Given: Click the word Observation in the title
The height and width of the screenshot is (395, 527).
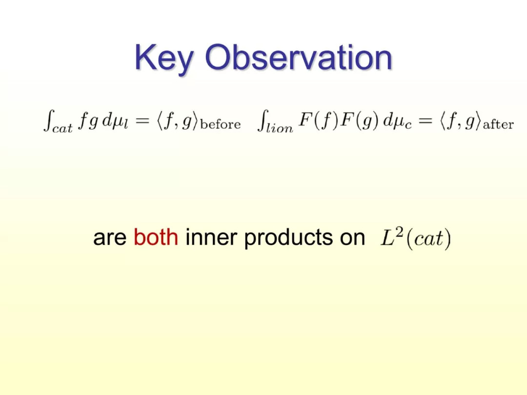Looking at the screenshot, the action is pos(299,57).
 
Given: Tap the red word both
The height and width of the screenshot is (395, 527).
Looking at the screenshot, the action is pos(156,237).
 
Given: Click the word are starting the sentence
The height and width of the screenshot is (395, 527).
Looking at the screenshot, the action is pos(110,238).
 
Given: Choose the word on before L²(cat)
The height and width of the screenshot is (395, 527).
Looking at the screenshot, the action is pos(352,238).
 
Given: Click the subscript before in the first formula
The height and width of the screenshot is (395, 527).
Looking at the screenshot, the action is pos(221,124).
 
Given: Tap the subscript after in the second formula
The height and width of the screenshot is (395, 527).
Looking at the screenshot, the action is pos(498,125).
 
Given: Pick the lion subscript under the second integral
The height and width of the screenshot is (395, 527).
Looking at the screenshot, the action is pos(279,128).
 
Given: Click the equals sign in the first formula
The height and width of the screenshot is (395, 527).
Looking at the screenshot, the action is pos(142,120).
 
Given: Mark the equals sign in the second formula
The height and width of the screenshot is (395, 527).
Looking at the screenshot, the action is pos(426,120).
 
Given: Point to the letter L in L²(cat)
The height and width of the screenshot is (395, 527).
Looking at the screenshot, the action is pos(387,238).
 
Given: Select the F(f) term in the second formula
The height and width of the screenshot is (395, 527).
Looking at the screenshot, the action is pos(318,120).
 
